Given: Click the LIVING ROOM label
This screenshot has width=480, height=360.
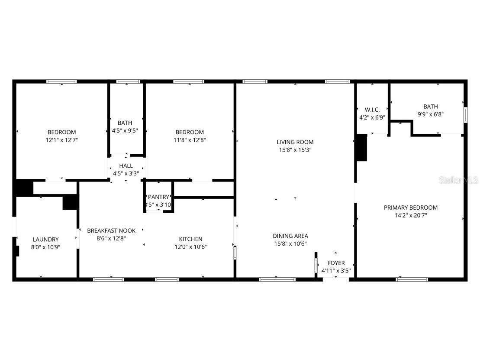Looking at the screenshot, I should tap(295, 142).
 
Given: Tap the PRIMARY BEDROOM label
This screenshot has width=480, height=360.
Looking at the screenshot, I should tap(410, 208).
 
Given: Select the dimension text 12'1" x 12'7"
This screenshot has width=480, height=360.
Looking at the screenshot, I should tap(61, 140).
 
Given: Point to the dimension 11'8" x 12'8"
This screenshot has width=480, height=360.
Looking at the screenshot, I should tap(189, 140).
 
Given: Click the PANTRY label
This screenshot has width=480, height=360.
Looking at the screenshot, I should tap(158, 197).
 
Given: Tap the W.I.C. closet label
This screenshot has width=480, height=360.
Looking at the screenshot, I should tap(372, 110).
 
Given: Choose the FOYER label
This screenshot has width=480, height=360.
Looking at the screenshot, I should tap(336, 263).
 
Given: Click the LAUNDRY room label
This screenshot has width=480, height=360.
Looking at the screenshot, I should tap(45, 240).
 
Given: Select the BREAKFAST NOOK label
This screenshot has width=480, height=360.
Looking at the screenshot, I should tap(111, 231).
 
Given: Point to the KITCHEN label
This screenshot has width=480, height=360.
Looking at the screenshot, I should tap(190, 239).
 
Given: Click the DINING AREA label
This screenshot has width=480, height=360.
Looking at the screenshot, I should tap(290, 236).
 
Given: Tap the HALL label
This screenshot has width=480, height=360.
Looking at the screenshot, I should tap(126, 166).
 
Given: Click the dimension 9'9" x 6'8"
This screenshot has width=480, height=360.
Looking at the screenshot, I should tap(430, 115).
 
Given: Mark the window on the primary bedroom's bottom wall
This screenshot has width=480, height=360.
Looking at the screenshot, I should tap(412, 279).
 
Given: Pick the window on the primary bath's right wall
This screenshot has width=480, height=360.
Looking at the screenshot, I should tap(466, 115).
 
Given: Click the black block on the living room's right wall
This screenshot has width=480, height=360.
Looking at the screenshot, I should tap(361, 148).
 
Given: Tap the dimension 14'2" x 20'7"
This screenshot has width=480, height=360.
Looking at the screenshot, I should tap(410, 215).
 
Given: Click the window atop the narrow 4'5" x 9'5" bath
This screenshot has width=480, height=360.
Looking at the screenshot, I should tap(128, 81).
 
